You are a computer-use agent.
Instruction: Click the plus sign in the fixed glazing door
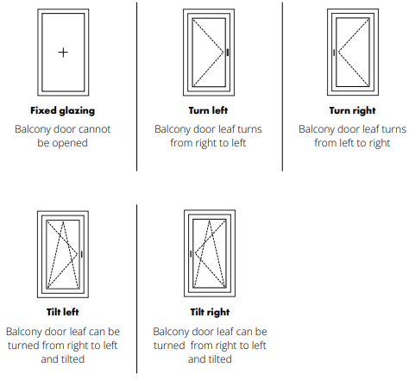click(x=63, y=53)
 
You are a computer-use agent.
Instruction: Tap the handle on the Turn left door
click(x=228, y=53)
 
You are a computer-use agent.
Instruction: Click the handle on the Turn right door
click(x=334, y=53)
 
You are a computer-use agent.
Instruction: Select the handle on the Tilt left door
click(x=82, y=254)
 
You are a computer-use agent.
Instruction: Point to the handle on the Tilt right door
click(x=191, y=254)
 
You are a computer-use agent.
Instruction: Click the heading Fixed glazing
click(x=63, y=110)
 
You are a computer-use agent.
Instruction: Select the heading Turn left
click(x=208, y=110)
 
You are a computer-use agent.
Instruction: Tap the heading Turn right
click(x=352, y=110)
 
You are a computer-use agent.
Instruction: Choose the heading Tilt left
click(x=63, y=312)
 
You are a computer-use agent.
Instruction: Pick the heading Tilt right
click(x=210, y=312)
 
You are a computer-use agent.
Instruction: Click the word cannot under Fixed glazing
click(x=94, y=129)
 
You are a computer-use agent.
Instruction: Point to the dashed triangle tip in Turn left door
click(x=223, y=53)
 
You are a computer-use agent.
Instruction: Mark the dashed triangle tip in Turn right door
click(x=338, y=53)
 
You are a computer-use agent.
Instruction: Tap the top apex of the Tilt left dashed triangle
click(x=63, y=221)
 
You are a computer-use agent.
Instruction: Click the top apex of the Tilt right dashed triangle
click(x=210, y=221)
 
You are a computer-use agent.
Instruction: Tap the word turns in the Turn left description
click(x=249, y=129)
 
